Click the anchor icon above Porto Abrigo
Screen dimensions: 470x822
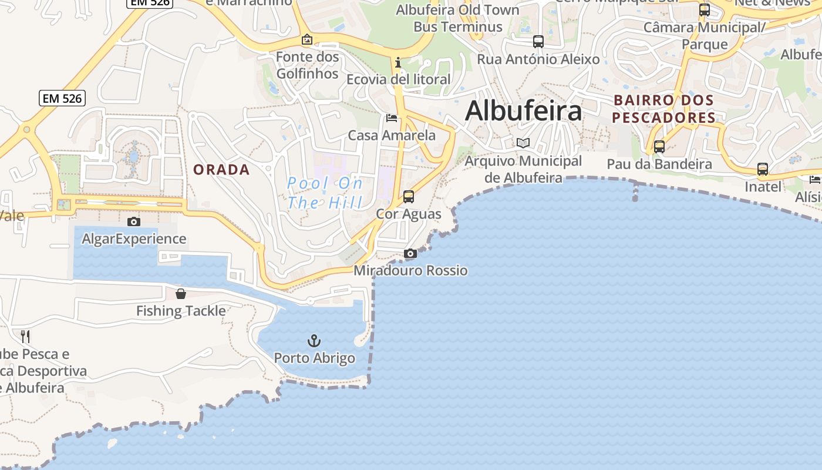(314, 341)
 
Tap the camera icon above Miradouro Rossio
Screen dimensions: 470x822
(410, 254)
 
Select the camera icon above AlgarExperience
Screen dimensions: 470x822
(134, 221)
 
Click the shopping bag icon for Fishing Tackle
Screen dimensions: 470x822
(181, 294)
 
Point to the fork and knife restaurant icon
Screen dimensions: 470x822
(25, 336)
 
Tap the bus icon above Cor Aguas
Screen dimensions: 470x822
(409, 197)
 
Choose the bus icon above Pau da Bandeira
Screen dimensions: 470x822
(659, 147)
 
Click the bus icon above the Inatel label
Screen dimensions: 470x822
(763, 169)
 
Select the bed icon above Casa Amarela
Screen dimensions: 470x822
(392, 118)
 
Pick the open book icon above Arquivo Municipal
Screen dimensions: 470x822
(523, 143)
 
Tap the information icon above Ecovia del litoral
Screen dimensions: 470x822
(398, 62)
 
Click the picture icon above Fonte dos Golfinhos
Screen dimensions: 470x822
(306, 40)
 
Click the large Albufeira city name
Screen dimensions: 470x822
(523, 111)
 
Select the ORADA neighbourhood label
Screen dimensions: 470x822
(221, 170)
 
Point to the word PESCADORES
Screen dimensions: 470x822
(663, 118)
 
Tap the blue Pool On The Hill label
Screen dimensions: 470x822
(325, 193)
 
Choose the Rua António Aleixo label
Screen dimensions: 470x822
(538, 59)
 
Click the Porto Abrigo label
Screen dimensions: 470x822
(315, 358)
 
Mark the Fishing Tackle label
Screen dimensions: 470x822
(181, 311)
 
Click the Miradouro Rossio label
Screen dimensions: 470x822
(410, 271)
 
